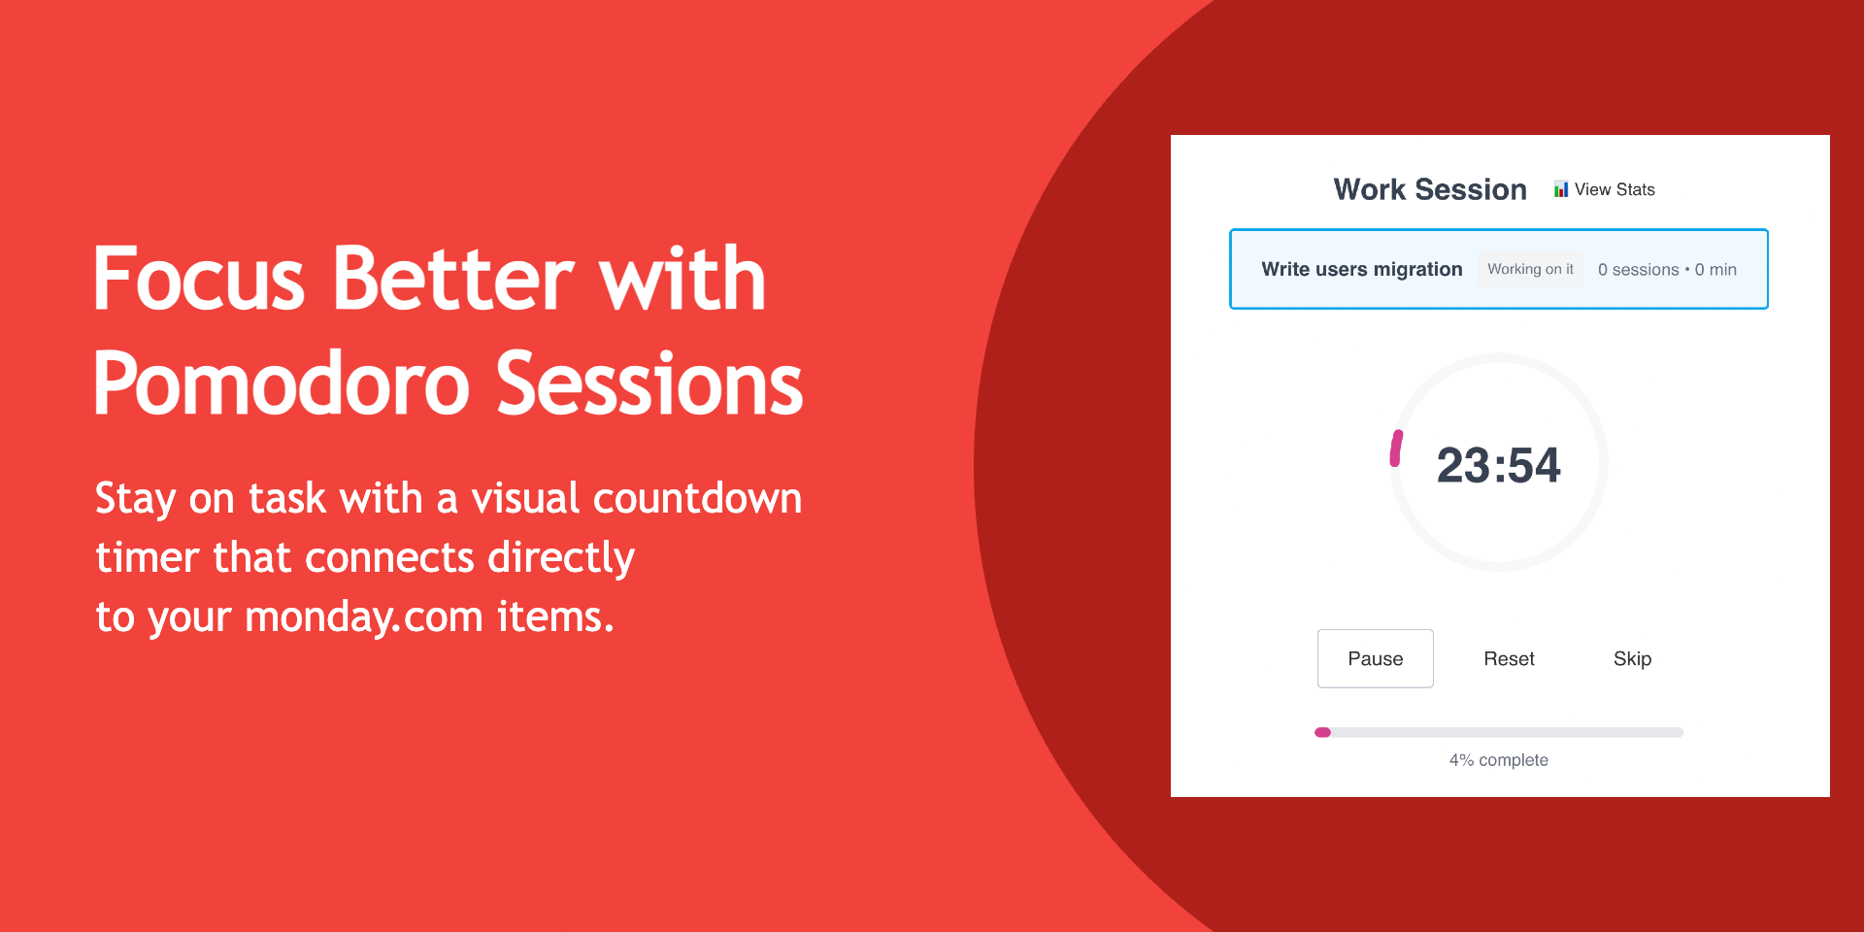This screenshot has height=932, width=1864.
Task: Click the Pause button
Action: [x=1375, y=658]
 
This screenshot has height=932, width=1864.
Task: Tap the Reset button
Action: [x=1509, y=658]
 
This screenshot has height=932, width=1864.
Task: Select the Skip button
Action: [x=1632, y=658]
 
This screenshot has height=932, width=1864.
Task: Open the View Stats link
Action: [x=1614, y=189]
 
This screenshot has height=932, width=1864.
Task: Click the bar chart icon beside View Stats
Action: [x=1561, y=189]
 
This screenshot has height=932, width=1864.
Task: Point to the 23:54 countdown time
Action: [x=1498, y=465]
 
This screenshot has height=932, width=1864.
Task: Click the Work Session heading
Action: [x=1430, y=189]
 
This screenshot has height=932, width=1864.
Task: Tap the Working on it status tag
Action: [x=1530, y=269]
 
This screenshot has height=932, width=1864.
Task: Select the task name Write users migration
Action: [x=1361, y=269]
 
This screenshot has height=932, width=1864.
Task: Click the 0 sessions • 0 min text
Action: [x=1667, y=270]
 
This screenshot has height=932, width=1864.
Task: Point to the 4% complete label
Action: [x=1498, y=760]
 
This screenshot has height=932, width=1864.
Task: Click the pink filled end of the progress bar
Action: [x=1322, y=732]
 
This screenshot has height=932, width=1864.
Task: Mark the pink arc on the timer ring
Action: [x=1396, y=449]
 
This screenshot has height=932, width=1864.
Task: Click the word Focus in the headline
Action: [x=199, y=280]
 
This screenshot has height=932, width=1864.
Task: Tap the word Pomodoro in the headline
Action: [x=282, y=384]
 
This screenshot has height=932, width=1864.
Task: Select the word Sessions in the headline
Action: [x=649, y=384]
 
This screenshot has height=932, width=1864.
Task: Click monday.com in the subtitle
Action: [x=364, y=617]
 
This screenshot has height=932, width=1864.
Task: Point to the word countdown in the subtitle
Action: [x=697, y=499]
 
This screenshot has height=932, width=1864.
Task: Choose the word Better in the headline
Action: [x=453, y=280]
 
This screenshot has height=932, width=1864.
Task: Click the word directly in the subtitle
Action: [x=561, y=559]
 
